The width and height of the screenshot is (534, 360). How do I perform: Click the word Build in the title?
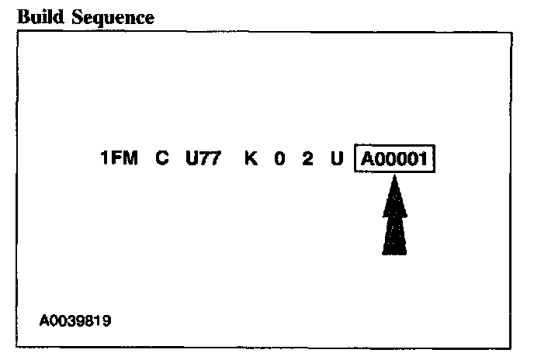point(38,16)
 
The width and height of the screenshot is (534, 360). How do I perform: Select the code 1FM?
point(119,160)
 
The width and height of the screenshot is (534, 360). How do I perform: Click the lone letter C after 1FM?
point(161,160)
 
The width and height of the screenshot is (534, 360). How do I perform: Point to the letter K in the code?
point(250,160)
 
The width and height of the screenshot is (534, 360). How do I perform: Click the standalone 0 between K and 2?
point(279,160)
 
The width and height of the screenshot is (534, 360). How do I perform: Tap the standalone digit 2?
point(308,160)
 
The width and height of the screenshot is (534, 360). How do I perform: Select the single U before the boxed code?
point(336,160)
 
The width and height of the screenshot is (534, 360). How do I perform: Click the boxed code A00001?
point(395,160)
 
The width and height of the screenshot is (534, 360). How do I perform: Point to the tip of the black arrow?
point(395,177)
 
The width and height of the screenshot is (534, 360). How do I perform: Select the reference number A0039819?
point(77,320)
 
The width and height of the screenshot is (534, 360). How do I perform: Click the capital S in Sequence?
point(80,16)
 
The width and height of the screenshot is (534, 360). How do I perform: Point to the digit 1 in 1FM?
point(104,160)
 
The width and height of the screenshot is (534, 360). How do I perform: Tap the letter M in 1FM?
point(130,160)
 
